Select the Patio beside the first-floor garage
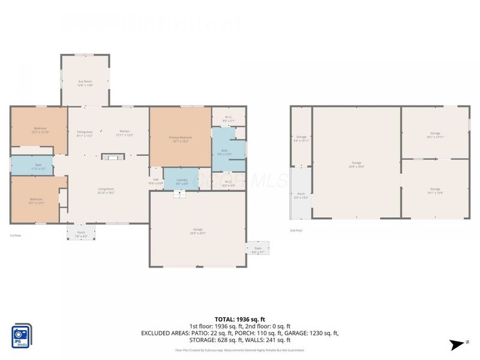tap(257, 247)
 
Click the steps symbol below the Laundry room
tap(178, 193)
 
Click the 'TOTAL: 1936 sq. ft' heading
tap(240, 319)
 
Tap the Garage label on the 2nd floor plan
tap(356, 164)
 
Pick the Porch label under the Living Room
tap(80, 234)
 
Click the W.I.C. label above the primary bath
tap(228, 119)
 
